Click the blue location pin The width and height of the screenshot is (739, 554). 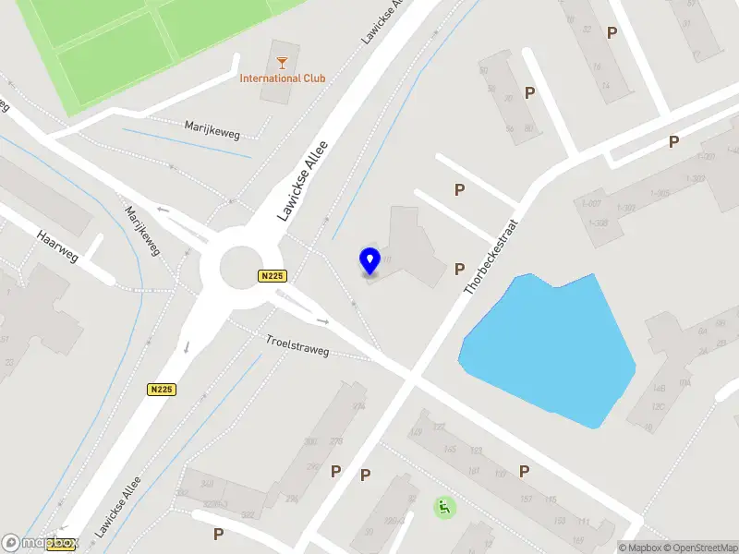tap(369, 261)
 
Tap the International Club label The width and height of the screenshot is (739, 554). tap(283, 78)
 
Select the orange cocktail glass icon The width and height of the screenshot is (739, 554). tap(282, 63)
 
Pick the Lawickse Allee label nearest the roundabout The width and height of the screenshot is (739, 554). tap(304, 181)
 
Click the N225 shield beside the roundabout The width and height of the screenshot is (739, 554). tap(272, 276)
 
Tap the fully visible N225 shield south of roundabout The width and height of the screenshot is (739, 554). tap(162, 391)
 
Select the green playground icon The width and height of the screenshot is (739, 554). tap(444, 507)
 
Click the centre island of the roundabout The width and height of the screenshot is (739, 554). tap(239, 269)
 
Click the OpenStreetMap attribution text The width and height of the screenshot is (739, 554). tap(696, 548)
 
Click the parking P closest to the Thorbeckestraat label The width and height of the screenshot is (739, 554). tap(459, 270)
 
